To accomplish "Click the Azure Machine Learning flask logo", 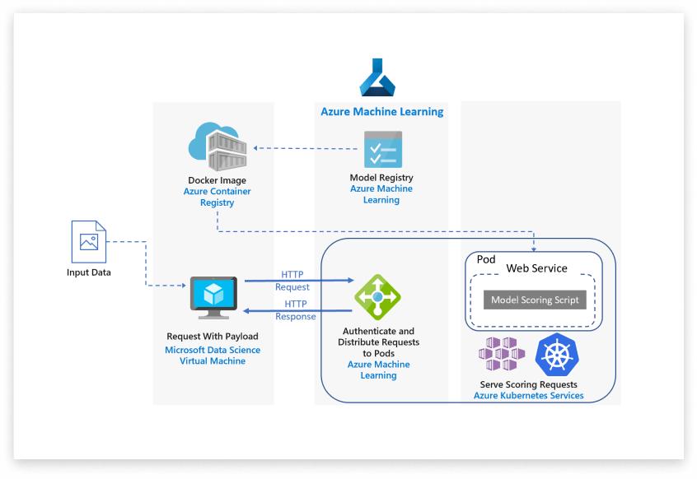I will coord(378,79).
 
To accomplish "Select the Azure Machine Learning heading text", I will coord(381,112).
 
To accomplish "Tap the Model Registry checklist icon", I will coord(382,150).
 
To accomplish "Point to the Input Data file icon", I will coord(89,241).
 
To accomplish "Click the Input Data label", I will coord(89,272).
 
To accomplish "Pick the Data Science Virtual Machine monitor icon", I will coord(213,297).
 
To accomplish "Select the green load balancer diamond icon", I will coord(377,297).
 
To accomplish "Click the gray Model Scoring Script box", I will coord(535,300).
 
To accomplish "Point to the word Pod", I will coord(486,259).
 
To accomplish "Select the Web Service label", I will coord(536,268).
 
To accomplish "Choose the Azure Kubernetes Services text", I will coord(528,396).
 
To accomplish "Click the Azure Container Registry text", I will coord(217,197).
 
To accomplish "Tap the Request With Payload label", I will coord(213,336).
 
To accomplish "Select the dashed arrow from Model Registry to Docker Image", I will coord(306,148).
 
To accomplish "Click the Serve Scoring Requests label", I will coord(528,384).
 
